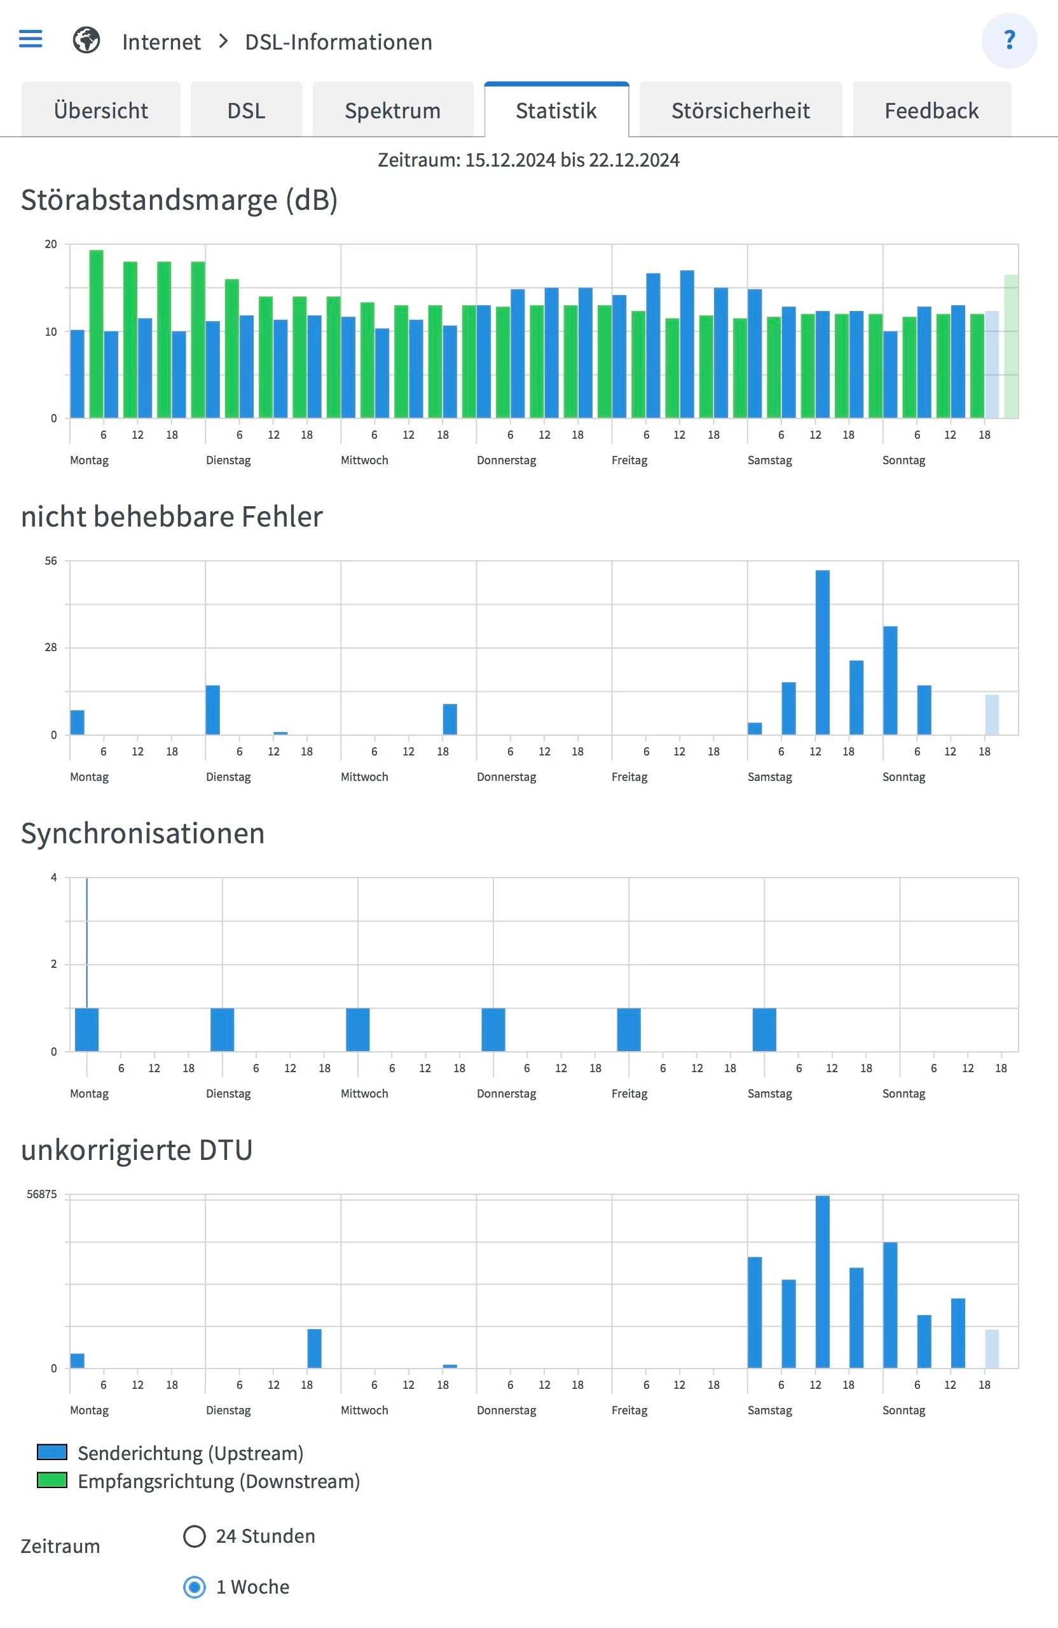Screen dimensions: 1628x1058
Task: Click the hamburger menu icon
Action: coord(30,39)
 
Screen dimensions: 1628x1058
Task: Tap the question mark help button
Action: coord(1009,40)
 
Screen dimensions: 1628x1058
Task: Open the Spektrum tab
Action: coord(392,110)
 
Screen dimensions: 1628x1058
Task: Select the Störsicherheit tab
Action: coord(740,110)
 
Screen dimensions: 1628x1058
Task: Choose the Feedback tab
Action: coord(931,110)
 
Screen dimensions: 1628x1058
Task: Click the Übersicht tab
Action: coord(100,110)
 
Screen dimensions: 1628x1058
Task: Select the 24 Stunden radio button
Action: coord(194,1536)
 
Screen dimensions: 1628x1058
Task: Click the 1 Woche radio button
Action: coord(194,1586)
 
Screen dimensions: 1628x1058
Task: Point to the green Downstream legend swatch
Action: coord(52,1480)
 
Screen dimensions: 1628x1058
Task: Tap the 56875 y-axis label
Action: coord(42,1194)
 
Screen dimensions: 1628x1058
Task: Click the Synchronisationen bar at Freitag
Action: coord(629,1029)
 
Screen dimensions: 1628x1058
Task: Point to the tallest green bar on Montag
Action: coord(97,333)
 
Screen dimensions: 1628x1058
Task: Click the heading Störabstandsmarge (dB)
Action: coord(179,200)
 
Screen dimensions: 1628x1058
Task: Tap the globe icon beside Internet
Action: coord(86,40)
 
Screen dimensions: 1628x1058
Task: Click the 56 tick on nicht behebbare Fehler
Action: coord(51,561)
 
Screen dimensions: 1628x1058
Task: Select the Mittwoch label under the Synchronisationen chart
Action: coord(364,1093)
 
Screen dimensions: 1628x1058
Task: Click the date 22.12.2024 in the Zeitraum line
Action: coord(634,160)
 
